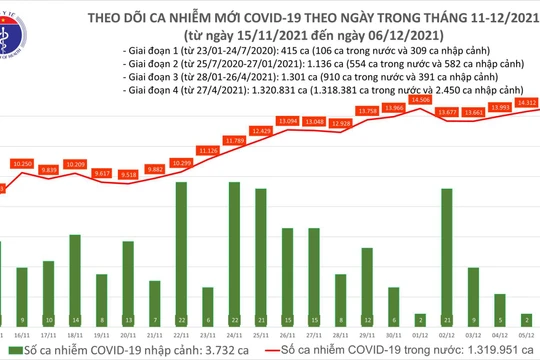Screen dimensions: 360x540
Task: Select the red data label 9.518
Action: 128,174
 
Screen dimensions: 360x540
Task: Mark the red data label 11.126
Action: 208,149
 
